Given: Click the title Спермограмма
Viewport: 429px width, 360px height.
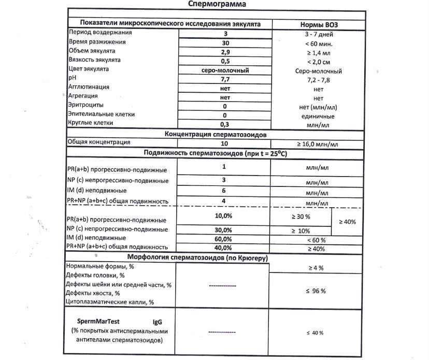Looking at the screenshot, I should pyautogui.click(x=214, y=4).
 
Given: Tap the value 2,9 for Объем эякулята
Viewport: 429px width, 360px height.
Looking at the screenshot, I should pyautogui.click(x=225, y=52).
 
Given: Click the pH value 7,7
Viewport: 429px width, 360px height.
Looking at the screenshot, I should pyautogui.click(x=225, y=79).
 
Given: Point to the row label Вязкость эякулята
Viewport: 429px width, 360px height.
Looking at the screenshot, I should pyautogui.click(x=91, y=61).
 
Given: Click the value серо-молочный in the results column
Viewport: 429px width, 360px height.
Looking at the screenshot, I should pyautogui.click(x=225, y=70).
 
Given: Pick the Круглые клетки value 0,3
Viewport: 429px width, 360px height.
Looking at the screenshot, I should pyautogui.click(x=225, y=124).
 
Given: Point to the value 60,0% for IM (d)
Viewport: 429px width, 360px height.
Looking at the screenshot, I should pyautogui.click(x=223, y=239).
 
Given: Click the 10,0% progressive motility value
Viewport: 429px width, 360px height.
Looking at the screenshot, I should pyautogui.click(x=223, y=215).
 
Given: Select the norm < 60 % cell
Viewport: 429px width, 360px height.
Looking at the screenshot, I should pyautogui.click(x=316, y=239).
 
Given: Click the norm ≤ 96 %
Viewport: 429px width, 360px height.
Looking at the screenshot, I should pyautogui.click(x=316, y=291).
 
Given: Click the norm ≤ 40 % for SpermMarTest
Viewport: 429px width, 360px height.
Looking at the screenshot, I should pyautogui.click(x=316, y=332).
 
